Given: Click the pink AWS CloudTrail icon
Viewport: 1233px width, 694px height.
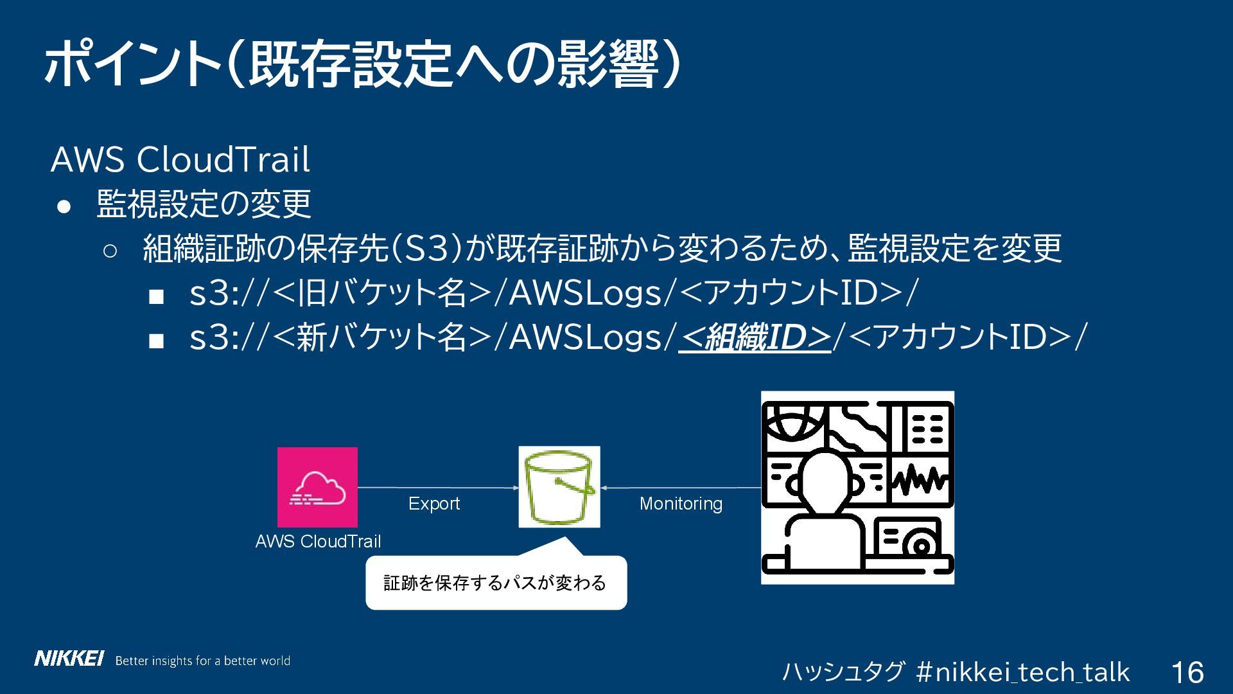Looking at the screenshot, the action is coord(317,487).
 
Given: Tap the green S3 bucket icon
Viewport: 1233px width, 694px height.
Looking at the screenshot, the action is coord(559,487).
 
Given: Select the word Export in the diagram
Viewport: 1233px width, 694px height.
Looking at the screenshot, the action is coord(434,503).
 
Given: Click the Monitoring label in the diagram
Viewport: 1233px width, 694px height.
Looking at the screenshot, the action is coord(681,503).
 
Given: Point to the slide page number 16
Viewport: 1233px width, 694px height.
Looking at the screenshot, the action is coord(1187,672).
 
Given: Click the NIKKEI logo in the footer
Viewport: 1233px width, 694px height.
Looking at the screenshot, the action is coord(69,659).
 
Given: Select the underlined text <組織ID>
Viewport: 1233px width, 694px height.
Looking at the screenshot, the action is coord(755,337).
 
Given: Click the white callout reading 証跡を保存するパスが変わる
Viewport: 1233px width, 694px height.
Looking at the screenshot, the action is coord(496,583).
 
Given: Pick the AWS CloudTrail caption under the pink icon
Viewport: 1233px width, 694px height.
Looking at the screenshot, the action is coord(318,541).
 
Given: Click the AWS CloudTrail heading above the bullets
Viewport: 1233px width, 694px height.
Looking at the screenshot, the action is coord(180,159).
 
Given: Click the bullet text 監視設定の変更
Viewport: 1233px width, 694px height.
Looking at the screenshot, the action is coord(204,204).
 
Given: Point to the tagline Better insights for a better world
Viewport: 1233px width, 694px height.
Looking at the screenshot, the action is coord(202,661).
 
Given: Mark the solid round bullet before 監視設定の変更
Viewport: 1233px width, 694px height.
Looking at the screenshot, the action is coord(64,206).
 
